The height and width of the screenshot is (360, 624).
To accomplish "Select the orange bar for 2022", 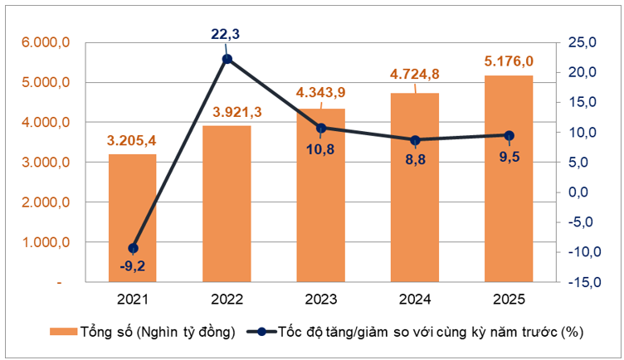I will (227, 204).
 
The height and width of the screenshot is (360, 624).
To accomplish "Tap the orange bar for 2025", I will (509, 178).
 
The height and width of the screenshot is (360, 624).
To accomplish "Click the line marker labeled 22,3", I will (227, 59).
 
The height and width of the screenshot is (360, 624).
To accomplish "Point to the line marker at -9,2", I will (133, 248).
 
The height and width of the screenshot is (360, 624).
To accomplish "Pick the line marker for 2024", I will (415, 140).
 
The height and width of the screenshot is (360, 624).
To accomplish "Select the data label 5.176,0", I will (509, 61).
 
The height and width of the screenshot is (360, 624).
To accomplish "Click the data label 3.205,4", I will (133, 140).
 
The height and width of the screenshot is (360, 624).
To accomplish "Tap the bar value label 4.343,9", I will (320, 94).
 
